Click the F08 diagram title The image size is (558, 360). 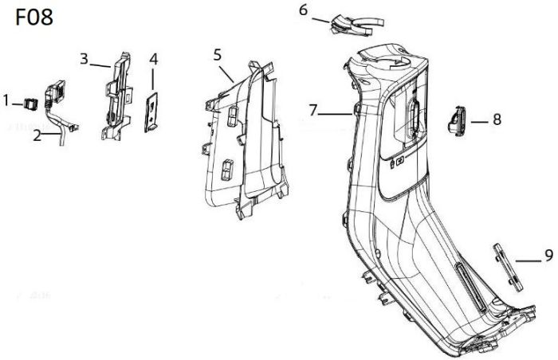coord(35,18)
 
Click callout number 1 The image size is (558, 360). coord(6,101)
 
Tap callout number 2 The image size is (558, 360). coord(37,135)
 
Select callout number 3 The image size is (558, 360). coord(84,58)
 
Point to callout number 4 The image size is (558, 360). coord(153,59)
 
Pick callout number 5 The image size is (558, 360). coord(218,55)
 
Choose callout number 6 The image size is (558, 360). coord(303,10)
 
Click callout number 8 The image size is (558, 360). coord(497,120)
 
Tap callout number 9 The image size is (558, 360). coord(548,256)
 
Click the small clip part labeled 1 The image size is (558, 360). coord(29,102)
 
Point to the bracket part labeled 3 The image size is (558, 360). coord(116,96)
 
